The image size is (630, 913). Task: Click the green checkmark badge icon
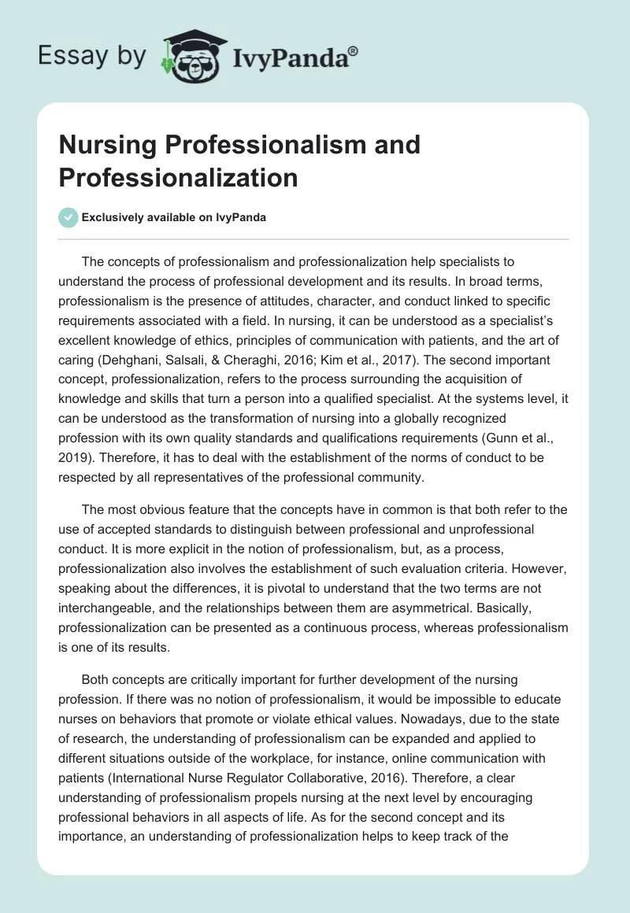click(x=68, y=218)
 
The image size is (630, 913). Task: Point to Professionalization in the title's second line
click(x=178, y=178)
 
